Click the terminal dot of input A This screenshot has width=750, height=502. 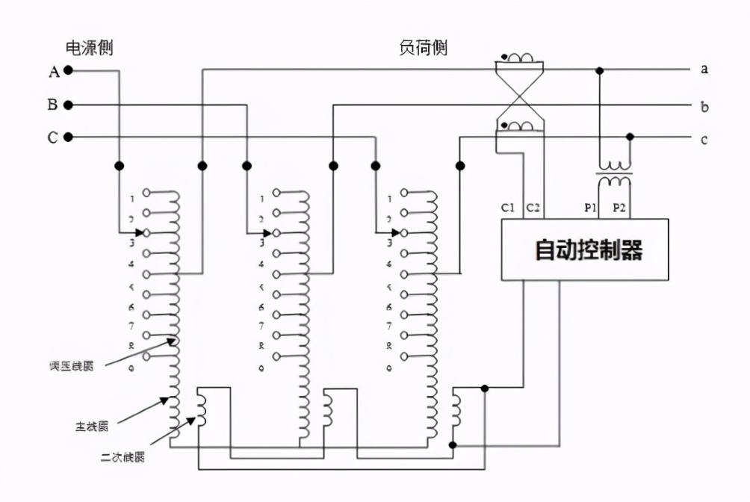[x=68, y=72]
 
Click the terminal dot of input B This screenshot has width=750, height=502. [x=68, y=105]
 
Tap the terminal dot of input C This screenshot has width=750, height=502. [x=68, y=137]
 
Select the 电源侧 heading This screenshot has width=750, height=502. [x=90, y=49]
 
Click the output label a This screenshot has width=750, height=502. [x=704, y=69]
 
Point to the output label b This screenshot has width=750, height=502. [x=704, y=106]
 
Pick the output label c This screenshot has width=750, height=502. [x=704, y=140]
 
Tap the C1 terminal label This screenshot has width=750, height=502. [x=508, y=208]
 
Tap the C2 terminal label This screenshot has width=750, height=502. [x=533, y=208]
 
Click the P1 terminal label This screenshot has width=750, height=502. [x=590, y=208]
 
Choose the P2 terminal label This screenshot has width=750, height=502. [x=619, y=208]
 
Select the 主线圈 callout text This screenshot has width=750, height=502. [x=91, y=427]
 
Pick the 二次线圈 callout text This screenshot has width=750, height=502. [x=123, y=456]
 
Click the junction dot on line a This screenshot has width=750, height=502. [x=599, y=70]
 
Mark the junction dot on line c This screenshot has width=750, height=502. [x=630, y=137]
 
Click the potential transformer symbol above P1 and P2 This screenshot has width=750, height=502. [x=614, y=174]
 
